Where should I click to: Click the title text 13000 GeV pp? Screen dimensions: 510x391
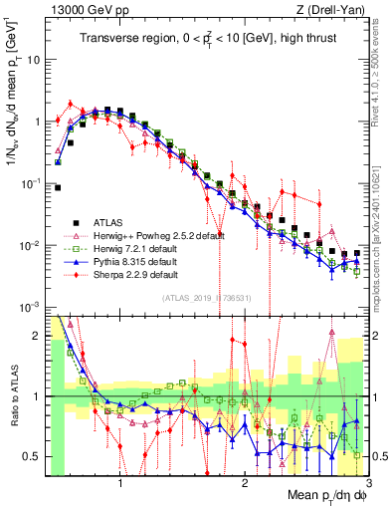click(x=83, y=11)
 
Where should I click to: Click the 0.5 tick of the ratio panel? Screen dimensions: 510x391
click(x=29, y=456)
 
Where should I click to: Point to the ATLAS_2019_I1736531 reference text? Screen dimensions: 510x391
click(x=206, y=298)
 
